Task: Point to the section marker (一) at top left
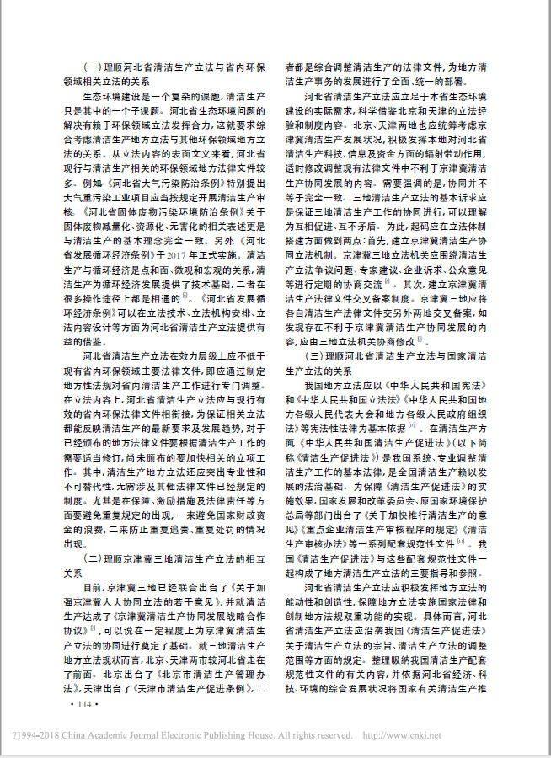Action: click(x=92, y=67)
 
